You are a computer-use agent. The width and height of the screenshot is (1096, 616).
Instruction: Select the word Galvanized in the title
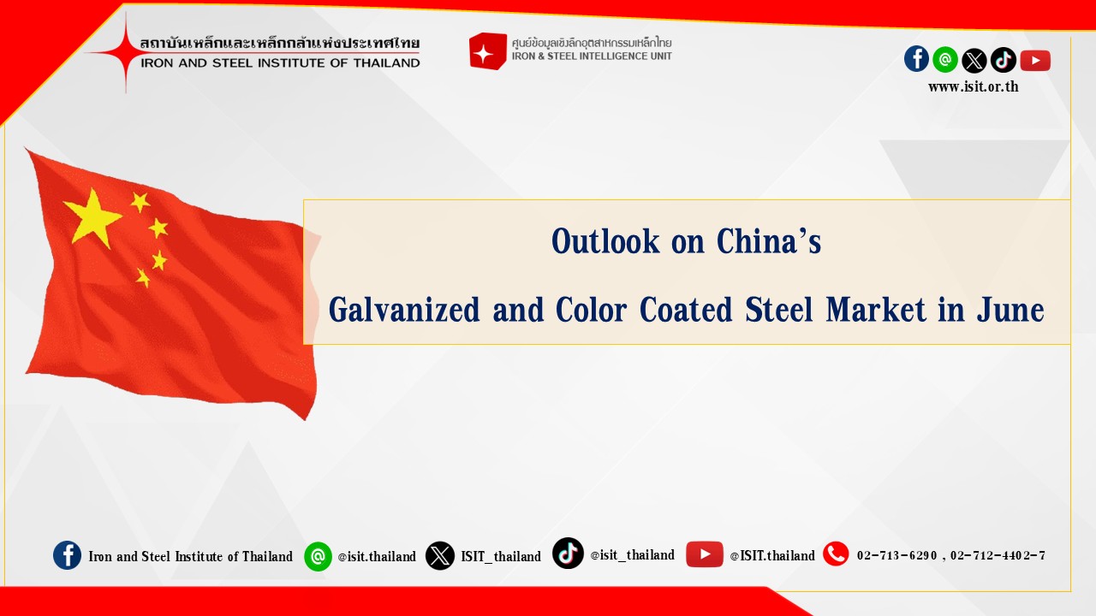coord(404,310)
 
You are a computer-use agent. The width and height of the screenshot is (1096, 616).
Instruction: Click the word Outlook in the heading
coord(605,240)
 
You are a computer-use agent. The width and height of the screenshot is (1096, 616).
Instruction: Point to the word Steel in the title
coord(779,310)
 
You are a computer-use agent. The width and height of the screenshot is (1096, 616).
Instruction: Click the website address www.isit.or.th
coord(974,86)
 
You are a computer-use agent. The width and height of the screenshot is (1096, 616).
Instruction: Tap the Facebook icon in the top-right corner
coord(916,59)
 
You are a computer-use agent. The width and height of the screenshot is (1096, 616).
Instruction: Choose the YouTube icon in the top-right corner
coord(1035,60)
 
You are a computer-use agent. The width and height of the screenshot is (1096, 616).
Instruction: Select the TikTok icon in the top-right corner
coord(1003,60)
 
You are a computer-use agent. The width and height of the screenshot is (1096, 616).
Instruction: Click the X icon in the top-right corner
coord(974,61)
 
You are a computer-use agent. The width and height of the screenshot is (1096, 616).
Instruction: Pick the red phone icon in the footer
coord(836,554)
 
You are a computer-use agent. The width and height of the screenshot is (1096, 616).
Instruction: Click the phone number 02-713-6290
coord(896,555)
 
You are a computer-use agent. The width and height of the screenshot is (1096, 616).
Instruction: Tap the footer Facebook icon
coord(67,555)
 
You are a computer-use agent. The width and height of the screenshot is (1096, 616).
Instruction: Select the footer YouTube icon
coord(704,554)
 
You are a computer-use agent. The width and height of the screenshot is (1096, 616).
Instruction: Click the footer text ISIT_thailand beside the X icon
coord(501,556)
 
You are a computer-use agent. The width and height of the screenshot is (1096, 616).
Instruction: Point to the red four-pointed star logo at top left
coord(126,52)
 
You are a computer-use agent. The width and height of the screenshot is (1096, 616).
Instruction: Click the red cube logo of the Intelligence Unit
coord(487,51)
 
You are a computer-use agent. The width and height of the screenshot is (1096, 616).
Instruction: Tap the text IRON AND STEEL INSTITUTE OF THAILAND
coord(280,63)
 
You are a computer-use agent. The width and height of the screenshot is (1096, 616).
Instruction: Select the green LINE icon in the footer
coord(318,556)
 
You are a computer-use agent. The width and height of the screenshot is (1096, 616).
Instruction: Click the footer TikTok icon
coord(568,553)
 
